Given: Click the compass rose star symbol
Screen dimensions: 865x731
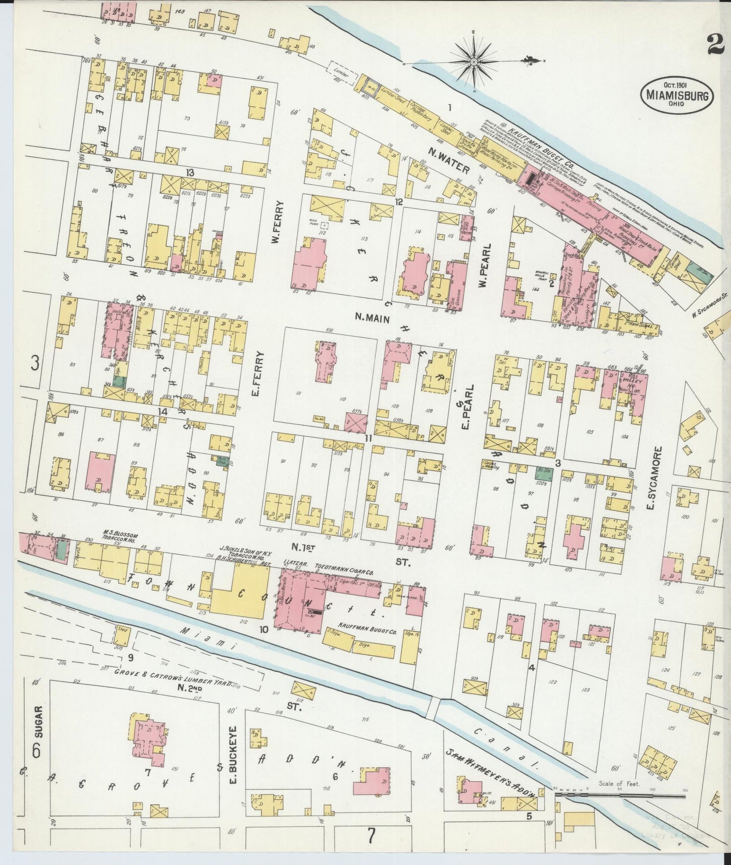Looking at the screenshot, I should [x=474, y=62].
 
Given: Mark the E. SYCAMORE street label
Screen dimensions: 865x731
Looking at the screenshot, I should [x=657, y=478].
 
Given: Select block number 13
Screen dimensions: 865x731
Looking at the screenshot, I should [x=190, y=173].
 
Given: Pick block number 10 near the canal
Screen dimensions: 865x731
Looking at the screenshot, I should [x=263, y=630].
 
